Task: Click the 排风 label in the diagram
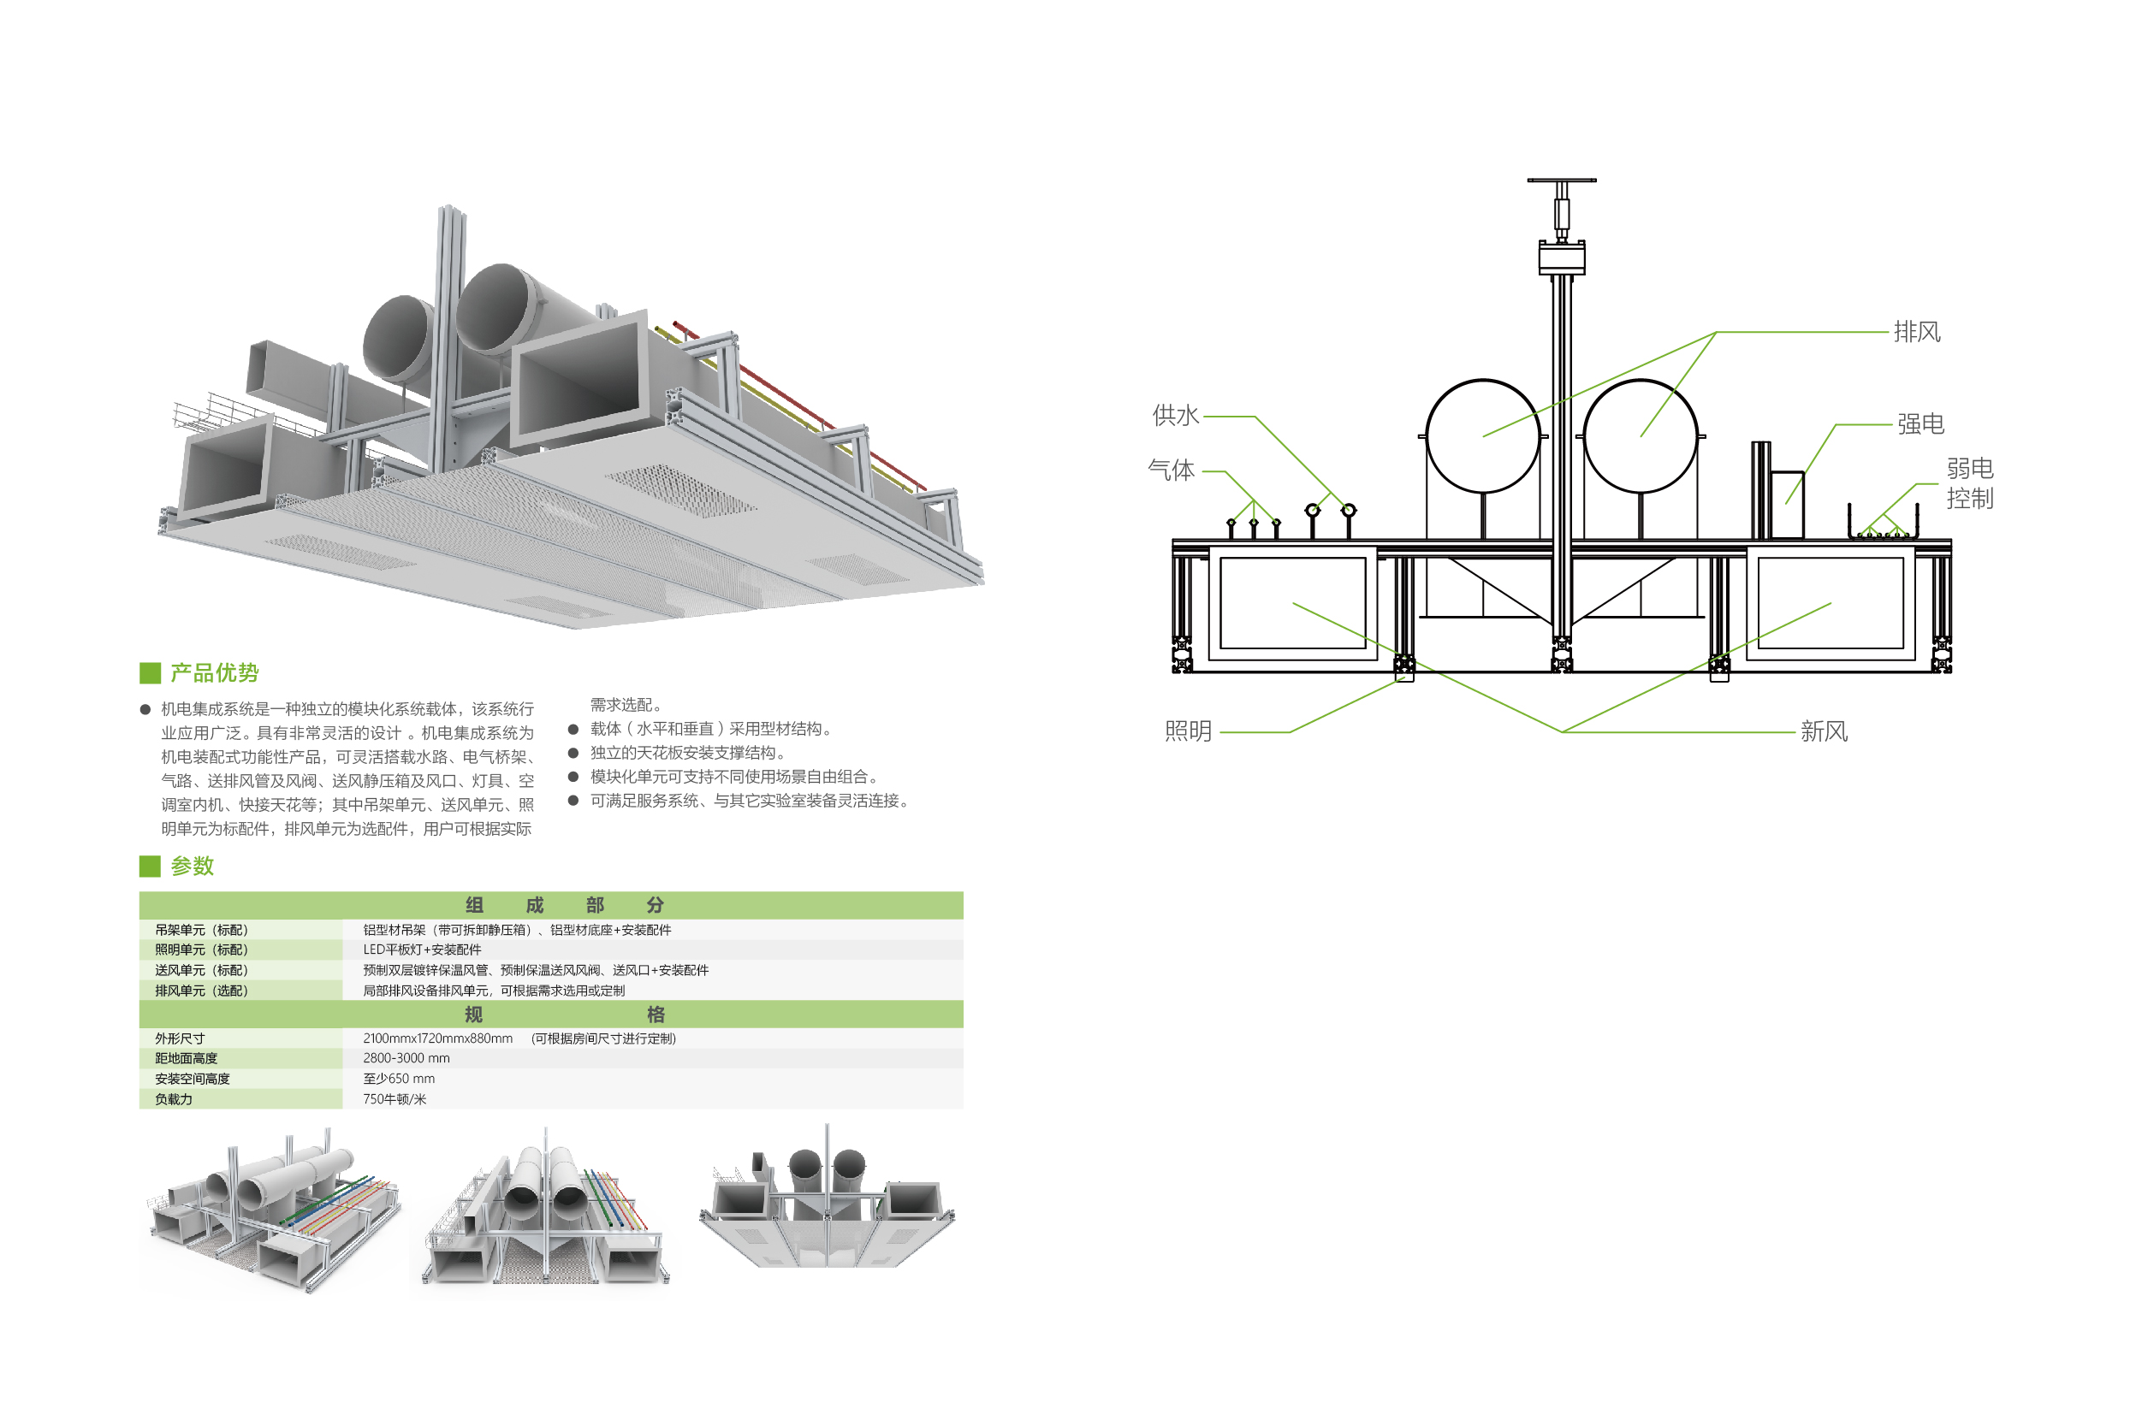click(x=1916, y=333)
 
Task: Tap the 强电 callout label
click(x=1920, y=423)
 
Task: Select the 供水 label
click(x=1175, y=416)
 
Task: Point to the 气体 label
click(x=1171, y=470)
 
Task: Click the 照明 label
click(x=1188, y=731)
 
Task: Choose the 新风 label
click(x=1824, y=731)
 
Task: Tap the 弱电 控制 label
click(x=1969, y=483)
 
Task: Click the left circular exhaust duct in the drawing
click(x=1482, y=435)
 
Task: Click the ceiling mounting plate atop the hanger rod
click(x=1561, y=180)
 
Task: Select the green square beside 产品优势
click(x=150, y=673)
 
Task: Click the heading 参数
click(x=192, y=867)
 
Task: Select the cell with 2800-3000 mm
click(x=406, y=1059)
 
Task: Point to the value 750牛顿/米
click(x=394, y=1099)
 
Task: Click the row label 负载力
click(x=174, y=1099)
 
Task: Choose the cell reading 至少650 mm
click(x=399, y=1079)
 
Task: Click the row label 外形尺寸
click(x=180, y=1038)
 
